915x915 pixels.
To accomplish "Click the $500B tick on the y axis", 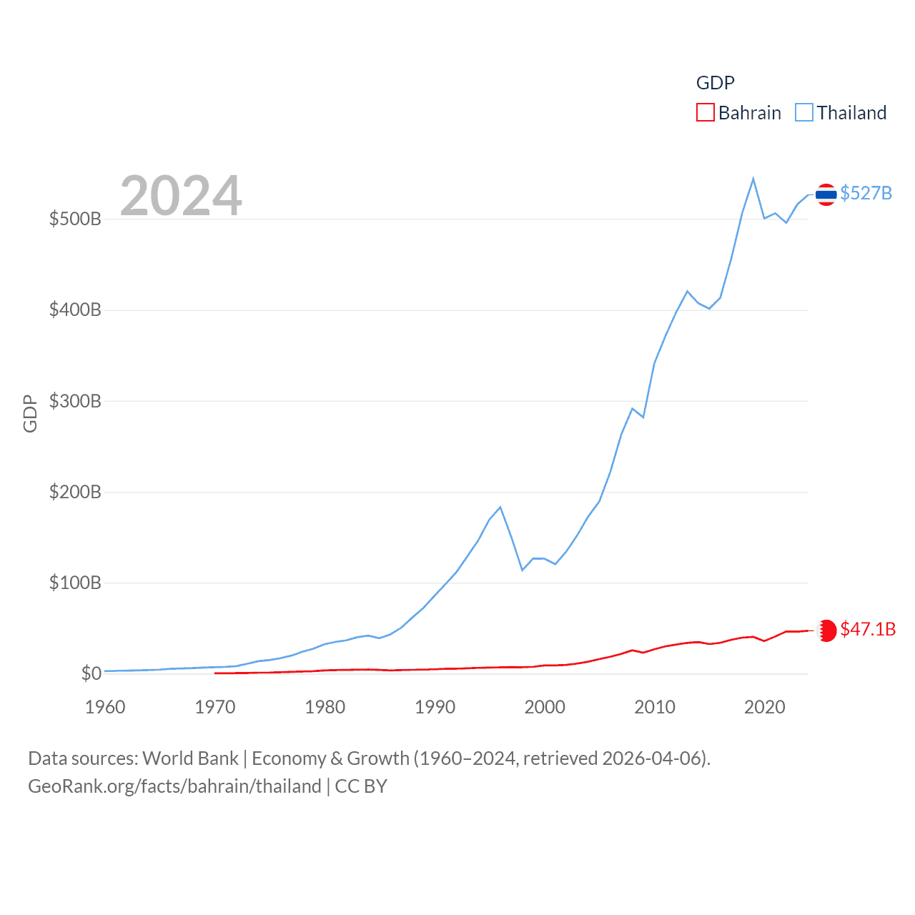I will (x=75, y=219).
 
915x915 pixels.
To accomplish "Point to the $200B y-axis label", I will (x=75, y=492).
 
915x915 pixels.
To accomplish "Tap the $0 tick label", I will (x=91, y=673).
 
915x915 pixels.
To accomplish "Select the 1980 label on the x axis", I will (x=325, y=707).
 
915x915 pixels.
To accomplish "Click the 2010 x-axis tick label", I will (x=655, y=707).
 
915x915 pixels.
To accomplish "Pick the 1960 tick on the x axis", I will (x=105, y=707).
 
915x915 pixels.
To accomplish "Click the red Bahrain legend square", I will (x=705, y=113).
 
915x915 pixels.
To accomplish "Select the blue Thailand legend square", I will (x=804, y=113).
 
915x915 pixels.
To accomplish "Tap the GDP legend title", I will (x=715, y=83).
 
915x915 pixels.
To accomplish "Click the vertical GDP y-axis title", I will (x=30, y=413).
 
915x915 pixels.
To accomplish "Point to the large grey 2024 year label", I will (x=181, y=196).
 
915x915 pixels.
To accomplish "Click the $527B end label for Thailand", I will (x=866, y=193).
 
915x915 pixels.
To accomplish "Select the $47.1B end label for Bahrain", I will (x=867, y=629).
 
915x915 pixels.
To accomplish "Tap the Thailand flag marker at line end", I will (x=826, y=194).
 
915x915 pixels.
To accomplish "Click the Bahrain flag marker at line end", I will (x=826, y=630).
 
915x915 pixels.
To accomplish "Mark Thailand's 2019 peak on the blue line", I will (x=753, y=179).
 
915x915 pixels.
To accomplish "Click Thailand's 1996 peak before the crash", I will (x=500, y=507).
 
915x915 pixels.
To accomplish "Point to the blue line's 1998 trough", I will (x=523, y=570).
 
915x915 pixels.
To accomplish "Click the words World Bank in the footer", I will (x=190, y=758).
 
